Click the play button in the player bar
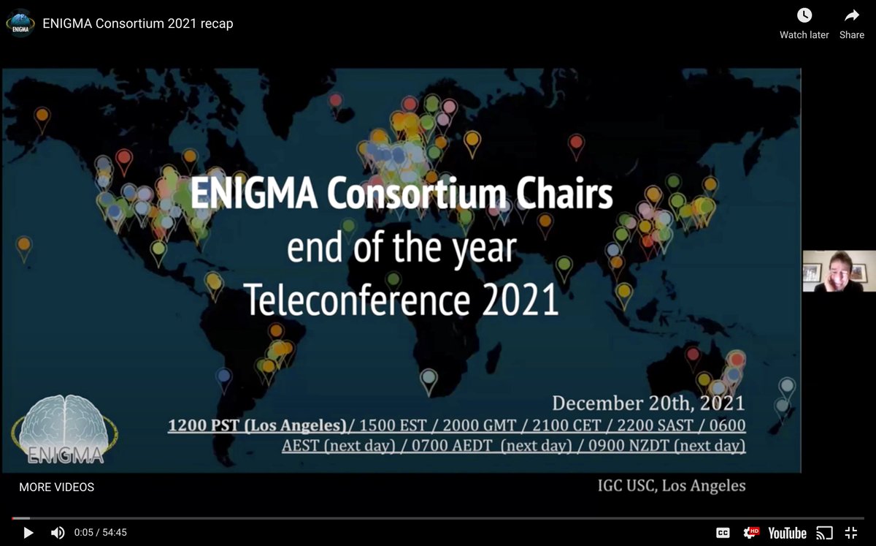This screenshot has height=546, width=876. tap(28, 533)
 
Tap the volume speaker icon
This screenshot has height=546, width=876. tap(58, 533)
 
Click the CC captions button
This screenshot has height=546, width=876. tap(723, 533)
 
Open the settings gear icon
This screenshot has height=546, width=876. tap(750, 533)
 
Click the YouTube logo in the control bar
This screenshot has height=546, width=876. tap(787, 533)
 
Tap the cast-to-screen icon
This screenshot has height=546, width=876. tap(824, 533)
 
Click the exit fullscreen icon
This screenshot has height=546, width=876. tap(850, 533)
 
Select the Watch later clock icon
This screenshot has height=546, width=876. tap(804, 15)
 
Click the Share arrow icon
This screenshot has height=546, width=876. tap(852, 15)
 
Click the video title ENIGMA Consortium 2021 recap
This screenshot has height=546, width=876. tap(138, 23)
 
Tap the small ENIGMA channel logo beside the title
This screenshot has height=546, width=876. tap(20, 23)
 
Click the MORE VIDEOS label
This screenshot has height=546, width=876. tap(57, 487)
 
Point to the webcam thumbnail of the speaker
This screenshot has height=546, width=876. tap(839, 271)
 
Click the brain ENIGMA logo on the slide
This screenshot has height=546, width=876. tap(64, 428)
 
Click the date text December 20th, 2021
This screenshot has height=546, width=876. tap(648, 403)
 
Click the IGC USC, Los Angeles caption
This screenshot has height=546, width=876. tap(672, 485)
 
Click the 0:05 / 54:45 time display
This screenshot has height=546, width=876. tap(101, 533)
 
